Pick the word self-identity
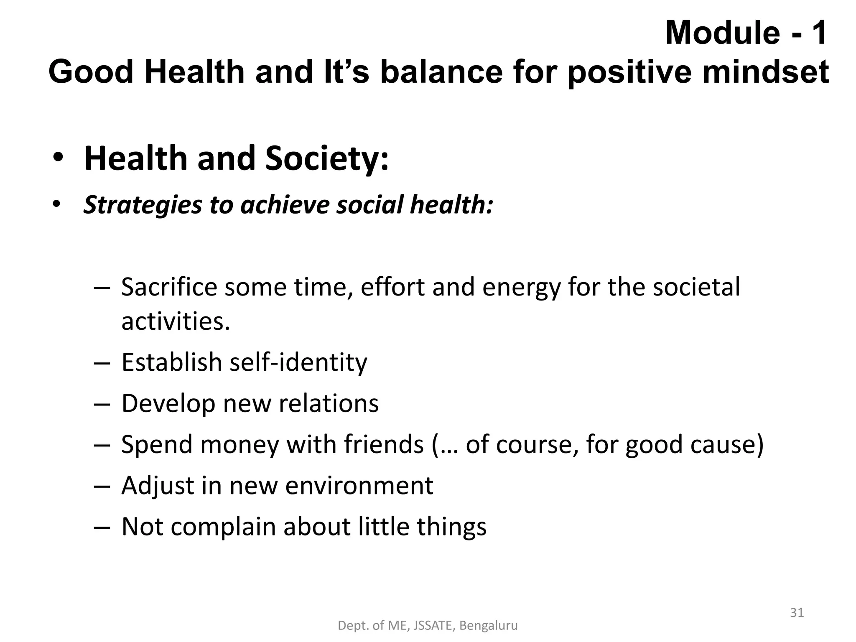coord(298,362)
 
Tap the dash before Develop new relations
coord(102,404)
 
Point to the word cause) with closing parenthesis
coord(727,444)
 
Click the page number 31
coord(797,613)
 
